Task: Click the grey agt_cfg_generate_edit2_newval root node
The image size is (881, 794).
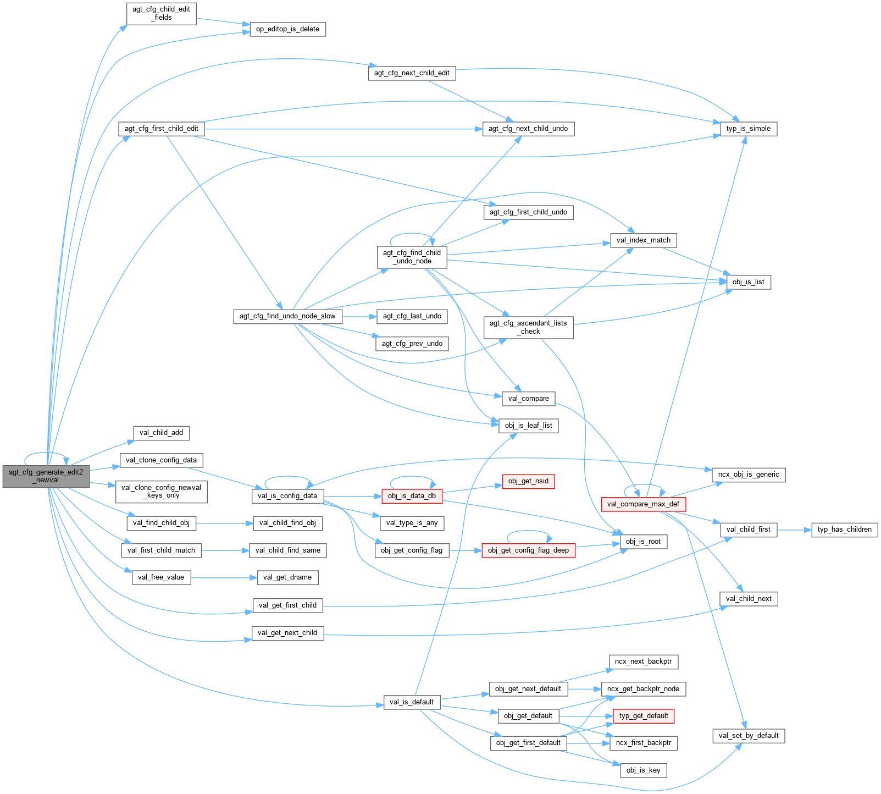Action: pyautogui.click(x=46, y=476)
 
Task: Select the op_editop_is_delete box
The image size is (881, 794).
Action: pyautogui.click(x=287, y=29)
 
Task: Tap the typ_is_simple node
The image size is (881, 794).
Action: pyautogui.click(x=748, y=129)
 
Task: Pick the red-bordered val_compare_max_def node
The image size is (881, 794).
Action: pyautogui.click(x=643, y=504)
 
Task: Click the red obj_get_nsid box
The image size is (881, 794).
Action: pyautogui.click(x=528, y=481)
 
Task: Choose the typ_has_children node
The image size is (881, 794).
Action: pyautogui.click(x=844, y=530)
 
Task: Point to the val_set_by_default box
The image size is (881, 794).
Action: pyautogui.click(x=748, y=736)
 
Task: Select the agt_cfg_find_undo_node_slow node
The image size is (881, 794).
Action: pyautogui.click(x=287, y=316)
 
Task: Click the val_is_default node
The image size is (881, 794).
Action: pyautogui.click(x=411, y=702)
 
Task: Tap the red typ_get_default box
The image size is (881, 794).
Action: pyautogui.click(x=643, y=716)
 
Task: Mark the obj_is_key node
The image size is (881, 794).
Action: pyautogui.click(x=643, y=770)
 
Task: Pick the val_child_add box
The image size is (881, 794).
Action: pyautogui.click(x=161, y=433)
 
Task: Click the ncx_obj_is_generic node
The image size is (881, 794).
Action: pyautogui.click(x=748, y=475)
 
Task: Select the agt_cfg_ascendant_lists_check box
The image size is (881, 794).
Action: pyautogui.click(x=528, y=327)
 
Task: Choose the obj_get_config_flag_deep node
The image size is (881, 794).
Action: pyautogui.click(x=528, y=550)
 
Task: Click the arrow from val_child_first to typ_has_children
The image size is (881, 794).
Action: pyautogui.click(x=794, y=530)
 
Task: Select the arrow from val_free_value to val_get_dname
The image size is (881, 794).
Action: pyautogui.click(x=224, y=577)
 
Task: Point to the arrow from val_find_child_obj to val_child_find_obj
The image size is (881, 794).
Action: pyautogui.click(x=224, y=523)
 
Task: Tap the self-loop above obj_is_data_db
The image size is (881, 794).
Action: pyautogui.click(x=412, y=477)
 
